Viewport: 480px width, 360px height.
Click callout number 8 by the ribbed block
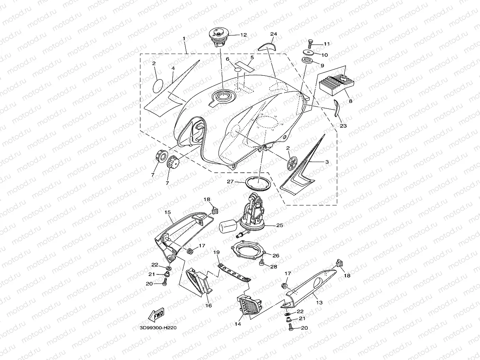point(350,101)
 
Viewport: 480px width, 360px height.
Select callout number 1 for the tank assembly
point(184,39)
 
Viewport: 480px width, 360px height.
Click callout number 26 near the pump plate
point(276,256)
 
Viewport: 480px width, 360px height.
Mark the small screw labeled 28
point(261,264)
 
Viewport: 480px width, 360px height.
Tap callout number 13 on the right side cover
point(319,302)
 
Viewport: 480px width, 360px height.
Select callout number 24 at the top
point(273,34)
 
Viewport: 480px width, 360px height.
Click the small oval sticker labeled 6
point(237,69)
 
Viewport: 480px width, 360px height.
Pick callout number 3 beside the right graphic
point(327,162)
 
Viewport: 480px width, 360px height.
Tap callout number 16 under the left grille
point(209,306)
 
